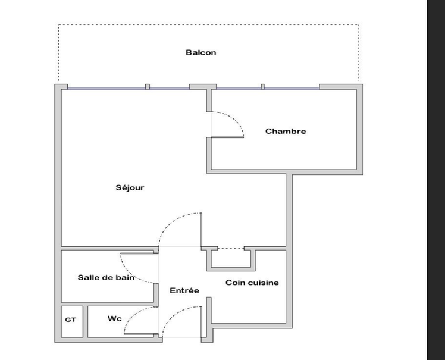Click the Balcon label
pos(200,52)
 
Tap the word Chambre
pos(286,132)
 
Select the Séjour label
pos(130,188)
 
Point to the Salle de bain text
pos(106,277)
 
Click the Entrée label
pos(184,291)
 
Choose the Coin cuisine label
pos(252,283)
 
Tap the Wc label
pos(115,319)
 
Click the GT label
pos(70,320)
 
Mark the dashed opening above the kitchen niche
pos(230,248)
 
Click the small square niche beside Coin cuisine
pos(230,259)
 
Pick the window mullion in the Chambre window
pos(262,87)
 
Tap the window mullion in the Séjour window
pos(148,87)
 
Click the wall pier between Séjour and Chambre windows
pos(202,87)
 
